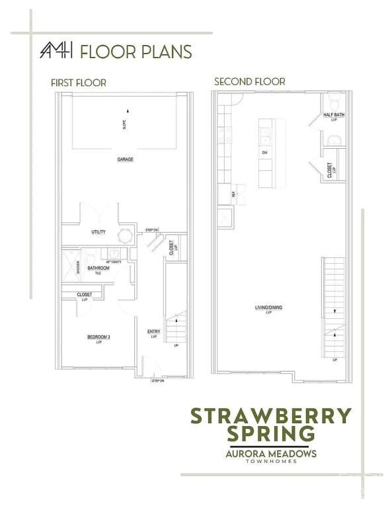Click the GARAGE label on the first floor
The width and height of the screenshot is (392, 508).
(x=125, y=159)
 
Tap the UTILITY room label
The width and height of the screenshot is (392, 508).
(x=98, y=232)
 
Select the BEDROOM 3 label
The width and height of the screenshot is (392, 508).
(x=98, y=339)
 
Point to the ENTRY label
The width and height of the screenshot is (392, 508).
(x=153, y=334)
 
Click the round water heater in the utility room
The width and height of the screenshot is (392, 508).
(x=124, y=235)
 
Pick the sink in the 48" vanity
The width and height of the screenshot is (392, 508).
(x=114, y=253)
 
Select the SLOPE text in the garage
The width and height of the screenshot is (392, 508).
(x=125, y=124)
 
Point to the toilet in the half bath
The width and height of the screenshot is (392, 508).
(x=334, y=102)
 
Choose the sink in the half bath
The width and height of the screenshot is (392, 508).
(x=334, y=139)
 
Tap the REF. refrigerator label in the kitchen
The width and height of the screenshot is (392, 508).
(x=233, y=194)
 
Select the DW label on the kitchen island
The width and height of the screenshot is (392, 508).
(x=264, y=153)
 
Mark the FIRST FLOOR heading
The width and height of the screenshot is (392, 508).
(x=79, y=83)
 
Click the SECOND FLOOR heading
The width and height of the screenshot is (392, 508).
(x=249, y=81)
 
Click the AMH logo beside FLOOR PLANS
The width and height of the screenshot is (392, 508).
(x=57, y=51)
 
